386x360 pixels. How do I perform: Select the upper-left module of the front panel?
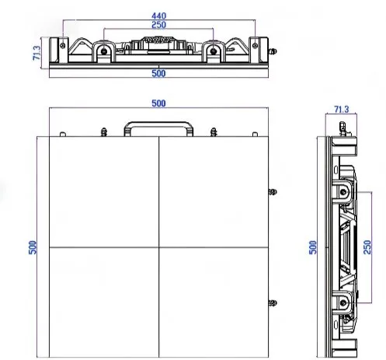coord(97,191)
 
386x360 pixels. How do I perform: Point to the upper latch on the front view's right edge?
coord(271,191)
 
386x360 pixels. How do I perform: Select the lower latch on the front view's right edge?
coord(271,302)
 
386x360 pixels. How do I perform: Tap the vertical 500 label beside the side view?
coord(313,246)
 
